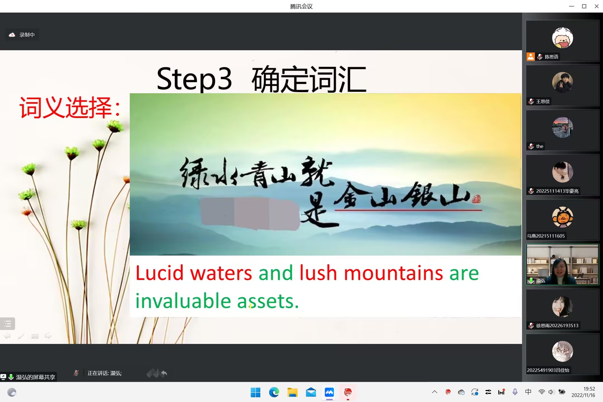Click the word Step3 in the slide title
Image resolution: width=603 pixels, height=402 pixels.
194,79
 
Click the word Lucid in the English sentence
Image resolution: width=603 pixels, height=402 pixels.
159,273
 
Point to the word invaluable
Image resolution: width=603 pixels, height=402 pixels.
183,301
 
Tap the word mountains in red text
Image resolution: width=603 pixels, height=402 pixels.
393,273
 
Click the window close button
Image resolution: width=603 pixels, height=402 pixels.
597,6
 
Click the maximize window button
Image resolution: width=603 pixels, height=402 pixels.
584,6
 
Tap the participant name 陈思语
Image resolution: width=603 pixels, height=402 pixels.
551,57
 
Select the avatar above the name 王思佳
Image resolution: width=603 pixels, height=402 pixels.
563,83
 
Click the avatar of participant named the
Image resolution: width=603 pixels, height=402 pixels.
563,127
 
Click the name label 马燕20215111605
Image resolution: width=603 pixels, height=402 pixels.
546,236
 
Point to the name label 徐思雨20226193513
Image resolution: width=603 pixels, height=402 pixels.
557,326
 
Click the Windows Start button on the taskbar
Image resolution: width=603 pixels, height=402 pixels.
255,393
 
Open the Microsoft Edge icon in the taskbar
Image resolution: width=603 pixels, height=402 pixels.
274,393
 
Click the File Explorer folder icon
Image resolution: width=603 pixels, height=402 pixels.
292,393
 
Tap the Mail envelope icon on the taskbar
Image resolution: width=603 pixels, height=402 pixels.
311,393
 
